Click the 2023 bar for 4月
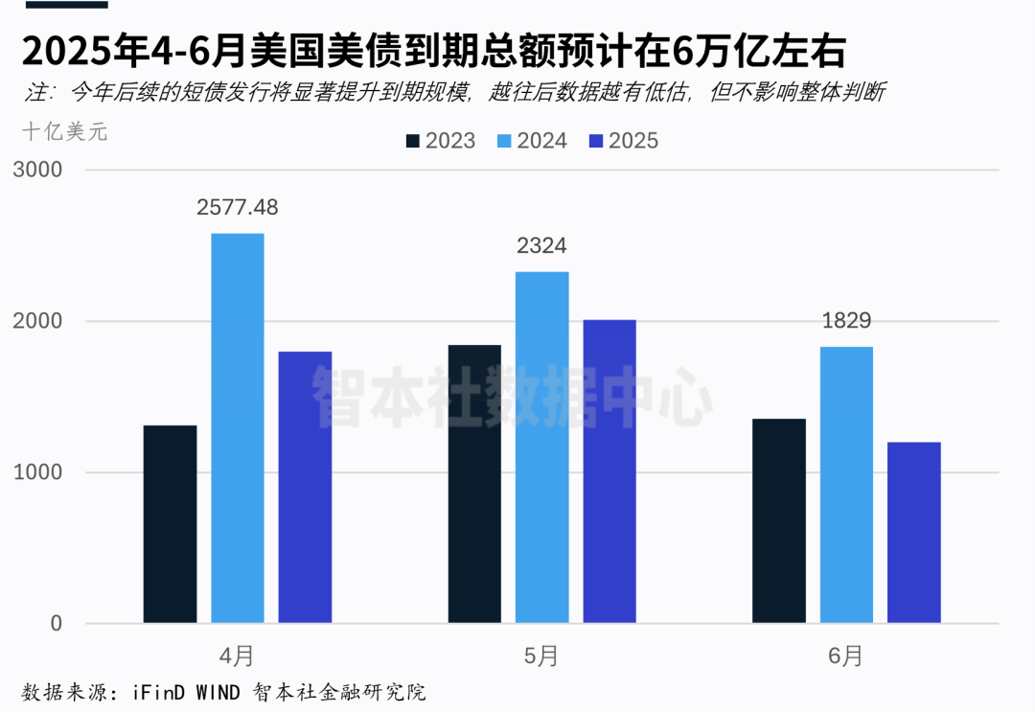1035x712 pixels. [170, 524]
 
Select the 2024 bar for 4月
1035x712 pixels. [238, 428]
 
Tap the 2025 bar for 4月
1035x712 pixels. [305, 488]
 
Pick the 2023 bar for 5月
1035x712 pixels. [474, 484]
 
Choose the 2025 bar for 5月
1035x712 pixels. [609, 471]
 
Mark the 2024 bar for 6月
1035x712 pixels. [847, 485]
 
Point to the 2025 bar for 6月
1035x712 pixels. [914, 533]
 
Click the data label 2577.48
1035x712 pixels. [238, 207]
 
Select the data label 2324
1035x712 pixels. [541, 246]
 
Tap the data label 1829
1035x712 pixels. [847, 321]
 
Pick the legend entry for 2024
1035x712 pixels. [533, 141]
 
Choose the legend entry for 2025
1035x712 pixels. [624, 141]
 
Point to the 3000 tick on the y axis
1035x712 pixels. [37, 170]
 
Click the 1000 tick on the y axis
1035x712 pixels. [37, 472]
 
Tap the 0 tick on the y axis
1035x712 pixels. [55, 624]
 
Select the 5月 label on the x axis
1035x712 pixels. [541, 656]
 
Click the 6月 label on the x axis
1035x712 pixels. [847, 656]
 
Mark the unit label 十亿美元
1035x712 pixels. [65, 132]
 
